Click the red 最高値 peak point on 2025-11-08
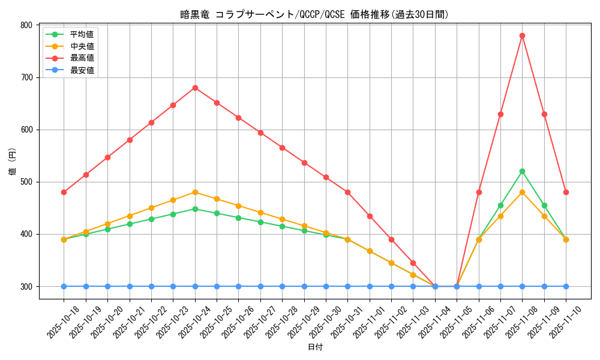click(522, 35)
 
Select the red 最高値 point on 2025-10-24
click(195, 88)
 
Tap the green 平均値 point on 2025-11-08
click(522, 171)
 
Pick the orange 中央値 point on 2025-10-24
click(195, 192)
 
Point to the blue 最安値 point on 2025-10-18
click(64, 286)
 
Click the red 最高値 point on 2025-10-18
click(64, 192)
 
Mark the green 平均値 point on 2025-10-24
click(195, 209)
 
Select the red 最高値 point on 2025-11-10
click(566, 192)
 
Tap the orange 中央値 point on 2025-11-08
click(522, 192)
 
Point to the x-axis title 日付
click(315, 347)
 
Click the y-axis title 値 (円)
click(12, 162)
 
